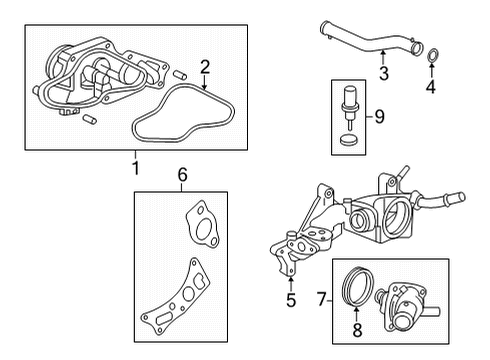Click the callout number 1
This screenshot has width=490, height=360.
pos(137,166)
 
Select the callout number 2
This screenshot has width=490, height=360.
pos(204,68)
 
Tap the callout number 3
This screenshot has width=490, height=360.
pos(383,73)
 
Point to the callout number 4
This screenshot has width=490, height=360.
pos(432,86)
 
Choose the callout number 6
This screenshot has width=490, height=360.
pos(182,175)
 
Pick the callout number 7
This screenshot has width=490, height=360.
pos(320,298)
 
